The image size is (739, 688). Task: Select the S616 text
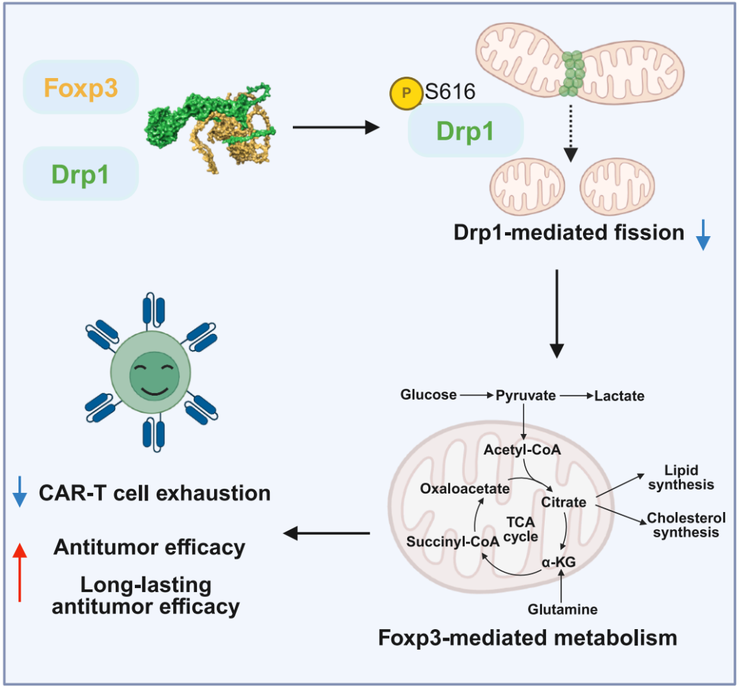point(450,92)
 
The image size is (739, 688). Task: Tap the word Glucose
point(429,395)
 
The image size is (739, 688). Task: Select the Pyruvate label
point(526,395)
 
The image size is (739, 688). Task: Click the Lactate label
point(619,396)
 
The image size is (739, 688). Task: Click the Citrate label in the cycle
point(564,502)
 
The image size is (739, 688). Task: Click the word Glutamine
point(563,609)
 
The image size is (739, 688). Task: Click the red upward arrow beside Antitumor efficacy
point(21,572)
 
